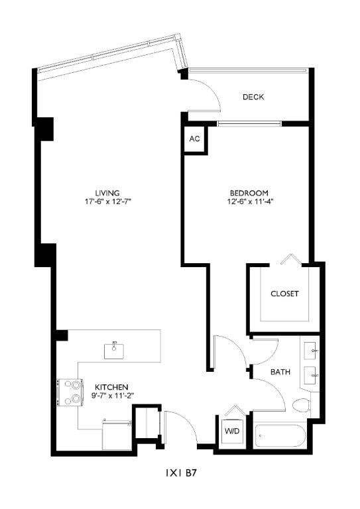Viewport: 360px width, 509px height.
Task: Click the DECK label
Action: (x=253, y=97)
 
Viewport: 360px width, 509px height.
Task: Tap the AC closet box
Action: (x=194, y=139)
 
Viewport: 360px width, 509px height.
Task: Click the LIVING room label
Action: (x=106, y=193)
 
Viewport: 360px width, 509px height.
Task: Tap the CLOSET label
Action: (x=284, y=294)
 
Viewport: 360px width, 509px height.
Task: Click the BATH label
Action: (x=280, y=372)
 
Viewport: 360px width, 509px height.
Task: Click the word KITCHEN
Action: (x=111, y=387)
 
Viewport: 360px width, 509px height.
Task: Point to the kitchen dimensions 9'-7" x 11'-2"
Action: (x=111, y=396)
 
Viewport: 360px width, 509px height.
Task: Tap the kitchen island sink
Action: (x=115, y=349)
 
